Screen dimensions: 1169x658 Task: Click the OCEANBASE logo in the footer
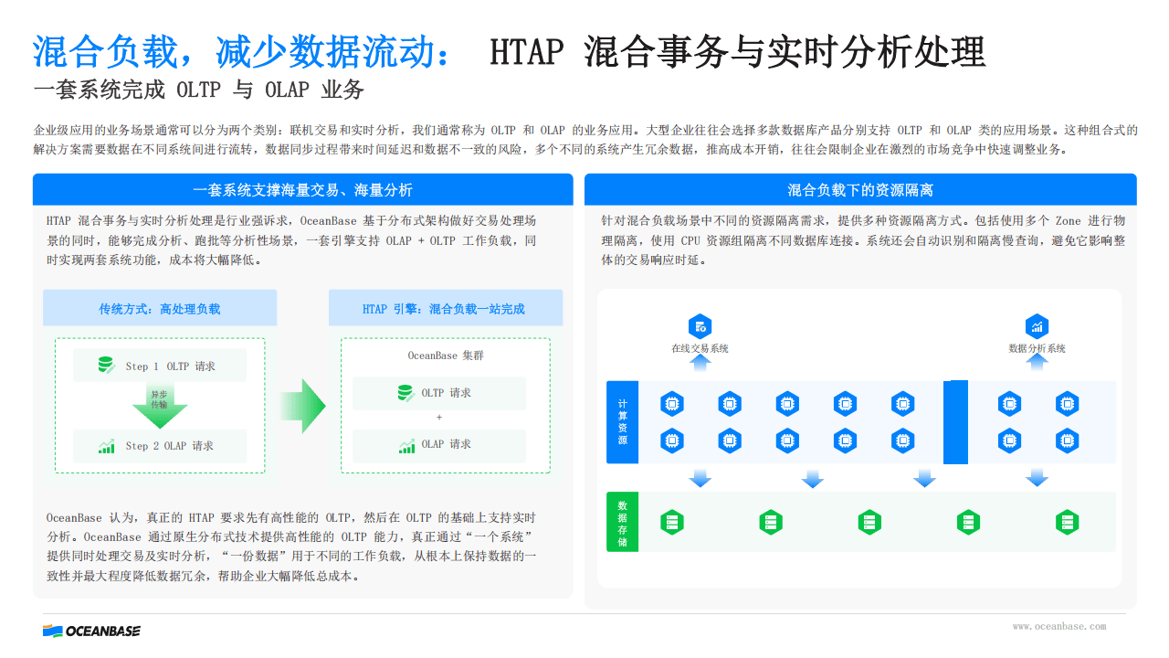92,631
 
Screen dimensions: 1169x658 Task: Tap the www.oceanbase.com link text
1058,626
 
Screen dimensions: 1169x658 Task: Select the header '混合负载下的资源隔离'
860,190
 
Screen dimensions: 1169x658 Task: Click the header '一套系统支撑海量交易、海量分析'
302,190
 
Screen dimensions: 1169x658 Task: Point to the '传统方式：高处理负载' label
160,309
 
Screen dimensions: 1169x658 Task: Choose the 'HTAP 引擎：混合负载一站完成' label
444,309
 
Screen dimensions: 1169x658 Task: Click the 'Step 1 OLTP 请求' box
160,365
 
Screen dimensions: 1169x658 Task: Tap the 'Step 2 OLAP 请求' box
160,446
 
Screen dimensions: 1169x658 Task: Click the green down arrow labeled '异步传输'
160,406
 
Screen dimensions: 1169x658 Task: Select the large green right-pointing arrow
304,406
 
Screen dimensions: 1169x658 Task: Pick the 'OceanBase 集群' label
446,356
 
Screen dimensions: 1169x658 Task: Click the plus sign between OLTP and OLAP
439,418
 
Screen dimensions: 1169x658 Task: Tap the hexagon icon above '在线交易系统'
700,327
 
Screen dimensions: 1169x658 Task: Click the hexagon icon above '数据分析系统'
1037,327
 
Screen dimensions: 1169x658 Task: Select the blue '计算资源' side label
622,422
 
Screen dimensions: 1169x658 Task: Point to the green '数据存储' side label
622,522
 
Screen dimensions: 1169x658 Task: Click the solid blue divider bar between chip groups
955,422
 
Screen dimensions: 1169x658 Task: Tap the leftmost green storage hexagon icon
672,522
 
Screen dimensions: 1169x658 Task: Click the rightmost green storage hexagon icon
1068,522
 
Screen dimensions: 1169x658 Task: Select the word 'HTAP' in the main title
527,52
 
